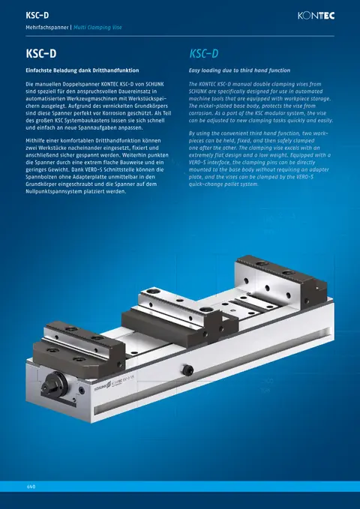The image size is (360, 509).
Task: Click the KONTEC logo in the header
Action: pyautogui.click(x=316, y=16)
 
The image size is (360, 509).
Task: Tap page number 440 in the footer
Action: pyautogui.click(x=31, y=487)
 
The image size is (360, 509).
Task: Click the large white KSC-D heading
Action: pyautogui.click(x=41, y=53)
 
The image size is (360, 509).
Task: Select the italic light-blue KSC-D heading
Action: pyautogui.click(x=204, y=53)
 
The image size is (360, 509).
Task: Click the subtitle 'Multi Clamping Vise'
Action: pyautogui.click(x=97, y=27)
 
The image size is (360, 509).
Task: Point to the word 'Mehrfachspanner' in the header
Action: pyautogui.click(x=46, y=27)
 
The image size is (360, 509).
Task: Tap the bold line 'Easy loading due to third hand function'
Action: pyautogui.click(x=239, y=70)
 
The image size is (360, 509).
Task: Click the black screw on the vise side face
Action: pyautogui.click(x=187, y=370)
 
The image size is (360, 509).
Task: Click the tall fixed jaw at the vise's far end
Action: pyautogui.click(x=280, y=282)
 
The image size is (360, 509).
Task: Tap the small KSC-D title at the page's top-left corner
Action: pyautogui.click(x=37, y=15)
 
